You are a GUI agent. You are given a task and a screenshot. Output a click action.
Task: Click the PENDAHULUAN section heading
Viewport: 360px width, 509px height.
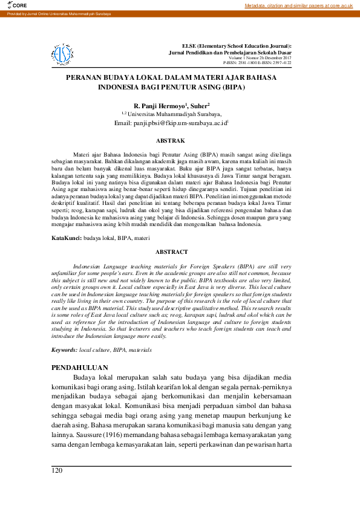tap(79, 367)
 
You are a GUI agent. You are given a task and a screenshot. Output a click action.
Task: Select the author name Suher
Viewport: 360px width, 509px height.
tap(199, 105)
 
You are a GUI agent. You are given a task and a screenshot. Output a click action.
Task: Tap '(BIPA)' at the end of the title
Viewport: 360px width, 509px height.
tap(231, 88)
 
